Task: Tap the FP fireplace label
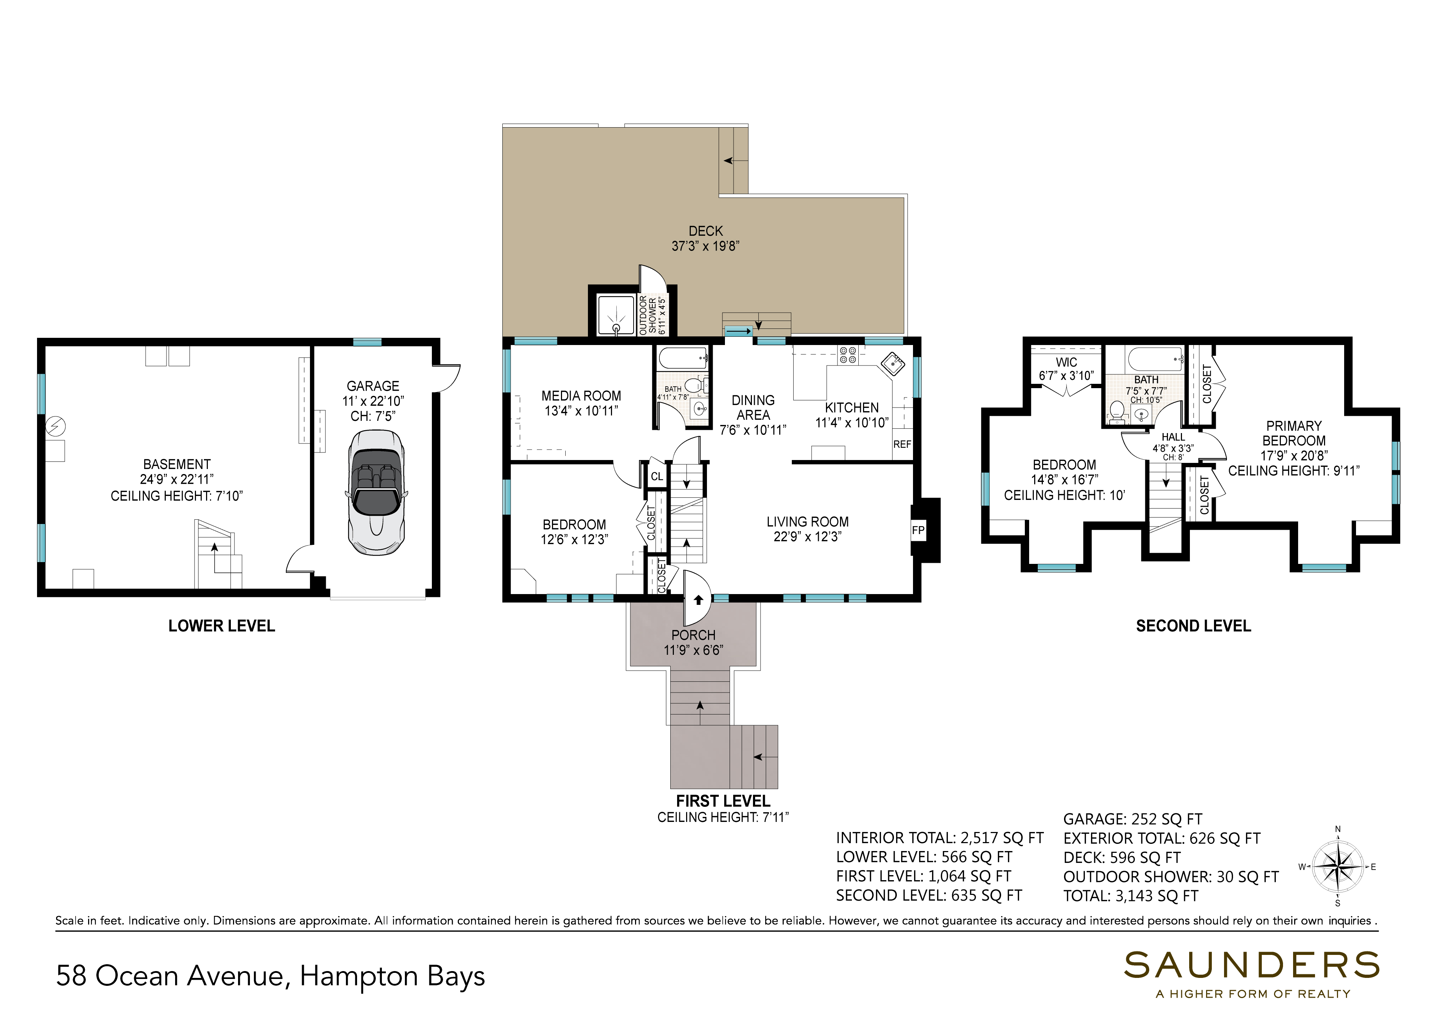(x=918, y=530)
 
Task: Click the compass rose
(x=1337, y=867)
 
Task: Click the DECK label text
(x=706, y=231)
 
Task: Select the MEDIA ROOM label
(x=581, y=396)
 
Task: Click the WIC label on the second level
(x=1067, y=362)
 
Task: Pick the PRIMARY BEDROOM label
(x=1294, y=433)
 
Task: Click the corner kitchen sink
(x=893, y=363)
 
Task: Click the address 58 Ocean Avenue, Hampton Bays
(x=270, y=976)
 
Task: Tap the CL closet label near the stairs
(x=656, y=477)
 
